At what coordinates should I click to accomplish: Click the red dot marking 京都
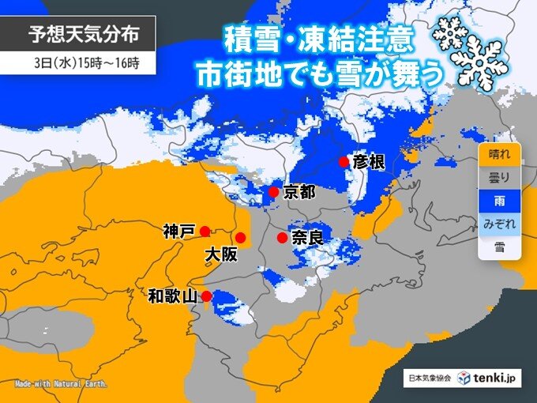[x=272, y=192]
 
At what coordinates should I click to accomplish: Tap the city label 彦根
[x=369, y=163]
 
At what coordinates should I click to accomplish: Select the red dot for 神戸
[x=205, y=232]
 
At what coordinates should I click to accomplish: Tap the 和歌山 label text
[x=172, y=297]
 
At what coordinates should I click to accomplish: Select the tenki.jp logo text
[x=494, y=378]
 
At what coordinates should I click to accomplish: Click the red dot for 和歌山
[x=206, y=296]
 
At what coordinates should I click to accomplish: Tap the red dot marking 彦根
[x=344, y=162]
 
